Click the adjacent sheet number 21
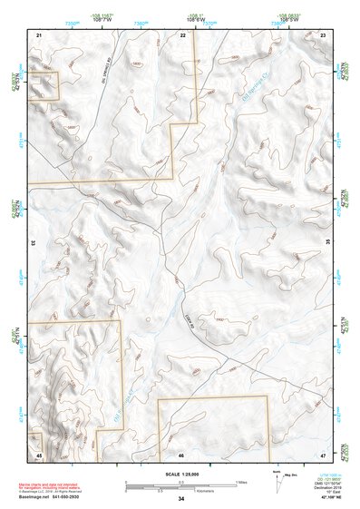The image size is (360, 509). coord(39,34)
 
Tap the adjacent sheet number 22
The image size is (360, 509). coord(182,34)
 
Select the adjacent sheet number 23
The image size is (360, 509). coord(324,34)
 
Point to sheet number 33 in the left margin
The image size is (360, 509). coord(33,243)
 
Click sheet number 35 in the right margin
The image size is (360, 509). coord(327,243)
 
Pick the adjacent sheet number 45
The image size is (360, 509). coord(39,453)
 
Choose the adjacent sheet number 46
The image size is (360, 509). coord(181,453)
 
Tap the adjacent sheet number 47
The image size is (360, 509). coord(324,453)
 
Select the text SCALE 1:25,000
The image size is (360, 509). coord(181,474)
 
